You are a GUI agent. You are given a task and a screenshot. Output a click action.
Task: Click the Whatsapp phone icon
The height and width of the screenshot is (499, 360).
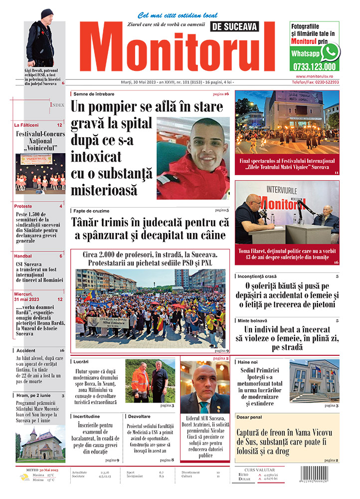pyautogui.click(x=330, y=52)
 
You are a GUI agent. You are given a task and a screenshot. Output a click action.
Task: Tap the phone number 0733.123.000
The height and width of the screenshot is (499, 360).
pyautogui.click(x=314, y=67)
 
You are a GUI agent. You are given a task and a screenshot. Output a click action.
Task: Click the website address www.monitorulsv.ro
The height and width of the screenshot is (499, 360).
pyautogui.click(x=314, y=75)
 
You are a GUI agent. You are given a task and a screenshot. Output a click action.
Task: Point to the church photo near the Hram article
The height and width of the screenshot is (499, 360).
pyautogui.click(x=40, y=444)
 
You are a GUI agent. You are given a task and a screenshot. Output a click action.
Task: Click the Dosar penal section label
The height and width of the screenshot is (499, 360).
pyautogui.click(x=253, y=417)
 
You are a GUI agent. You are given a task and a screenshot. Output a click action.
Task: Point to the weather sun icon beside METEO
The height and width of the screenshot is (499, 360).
pyautogui.click(x=24, y=478)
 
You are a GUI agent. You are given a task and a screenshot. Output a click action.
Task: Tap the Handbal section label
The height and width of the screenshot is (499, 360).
pyautogui.click(x=24, y=256)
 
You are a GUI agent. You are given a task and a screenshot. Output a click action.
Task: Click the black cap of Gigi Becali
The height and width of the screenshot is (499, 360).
pyautogui.click(x=47, y=13)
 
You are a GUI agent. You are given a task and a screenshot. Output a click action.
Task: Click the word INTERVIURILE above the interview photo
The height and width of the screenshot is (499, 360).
pyautogui.click(x=288, y=190)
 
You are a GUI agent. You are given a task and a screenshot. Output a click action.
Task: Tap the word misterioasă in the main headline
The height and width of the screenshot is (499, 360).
pyautogui.click(x=104, y=190)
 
